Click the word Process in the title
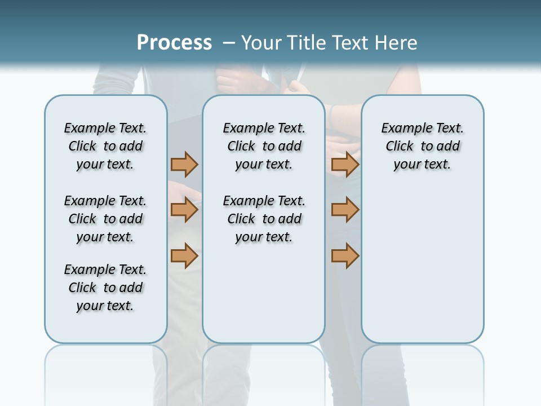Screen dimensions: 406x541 (174, 43)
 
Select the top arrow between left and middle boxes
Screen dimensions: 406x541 (184, 165)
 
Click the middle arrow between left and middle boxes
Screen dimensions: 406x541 (184, 210)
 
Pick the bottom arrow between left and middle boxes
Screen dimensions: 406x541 (184, 255)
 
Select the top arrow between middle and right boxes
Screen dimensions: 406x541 (345, 165)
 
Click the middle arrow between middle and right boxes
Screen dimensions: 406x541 (345, 210)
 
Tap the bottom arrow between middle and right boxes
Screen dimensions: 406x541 (345, 255)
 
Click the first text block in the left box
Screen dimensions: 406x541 (105, 146)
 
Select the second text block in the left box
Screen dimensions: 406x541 (105, 219)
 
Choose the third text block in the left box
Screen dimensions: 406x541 (105, 288)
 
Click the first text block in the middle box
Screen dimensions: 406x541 (264, 146)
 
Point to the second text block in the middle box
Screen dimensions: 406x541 (264, 219)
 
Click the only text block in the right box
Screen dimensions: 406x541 (422, 146)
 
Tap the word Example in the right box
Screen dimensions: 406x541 (402, 129)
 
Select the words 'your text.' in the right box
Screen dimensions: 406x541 (422, 165)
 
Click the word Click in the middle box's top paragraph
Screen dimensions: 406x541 (241, 147)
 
